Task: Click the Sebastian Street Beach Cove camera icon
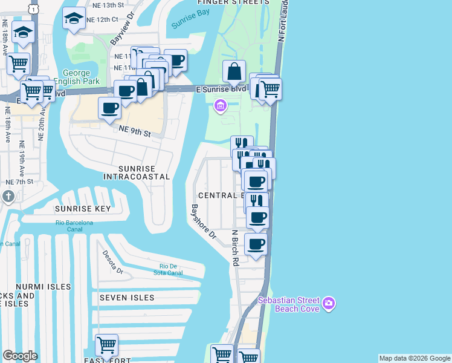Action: point(328,302)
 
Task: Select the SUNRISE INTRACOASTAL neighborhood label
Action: point(137,172)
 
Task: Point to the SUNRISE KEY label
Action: point(83,209)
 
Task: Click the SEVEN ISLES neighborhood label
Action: point(127,298)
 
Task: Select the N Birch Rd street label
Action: point(235,247)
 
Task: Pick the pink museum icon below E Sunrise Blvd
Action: point(220,106)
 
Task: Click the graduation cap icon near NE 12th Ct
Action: point(74,19)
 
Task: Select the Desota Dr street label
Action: point(113,263)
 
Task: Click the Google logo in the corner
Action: point(20,356)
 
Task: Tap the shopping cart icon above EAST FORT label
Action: point(106,345)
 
